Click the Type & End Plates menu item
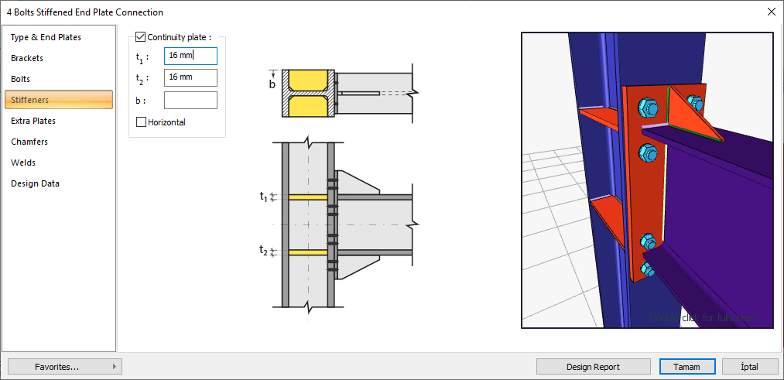46,37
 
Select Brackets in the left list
27,58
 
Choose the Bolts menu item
21,79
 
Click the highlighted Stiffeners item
59,100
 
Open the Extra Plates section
33,121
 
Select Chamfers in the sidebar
29,142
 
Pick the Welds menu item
23,163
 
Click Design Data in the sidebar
35,183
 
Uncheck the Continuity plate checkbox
140,36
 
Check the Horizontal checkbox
141,122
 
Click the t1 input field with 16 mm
190,56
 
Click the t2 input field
190,77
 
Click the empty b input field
190,100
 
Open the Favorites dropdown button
65,367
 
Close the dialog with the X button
771,12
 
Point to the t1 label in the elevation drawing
263,197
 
